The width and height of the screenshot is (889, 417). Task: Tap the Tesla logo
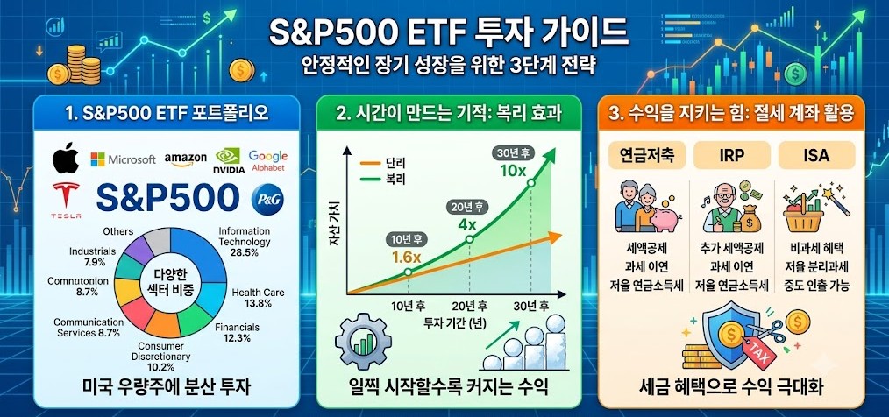click(x=67, y=200)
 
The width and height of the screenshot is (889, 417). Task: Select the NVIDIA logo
click(x=229, y=160)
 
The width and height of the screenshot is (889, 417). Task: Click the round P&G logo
click(x=267, y=199)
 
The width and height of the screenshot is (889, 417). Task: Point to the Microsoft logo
click(x=123, y=159)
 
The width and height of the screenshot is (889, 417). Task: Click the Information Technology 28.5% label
click(x=245, y=242)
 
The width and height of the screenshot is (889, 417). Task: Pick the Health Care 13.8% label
click(x=258, y=298)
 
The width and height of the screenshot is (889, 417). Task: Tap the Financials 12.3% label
click(x=237, y=332)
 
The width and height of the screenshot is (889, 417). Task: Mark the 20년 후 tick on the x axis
click(x=471, y=307)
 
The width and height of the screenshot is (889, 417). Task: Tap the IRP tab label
click(x=731, y=155)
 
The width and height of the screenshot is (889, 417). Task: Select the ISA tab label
click(x=816, y=155)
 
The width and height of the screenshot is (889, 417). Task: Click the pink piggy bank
click(x=659, y=222)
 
